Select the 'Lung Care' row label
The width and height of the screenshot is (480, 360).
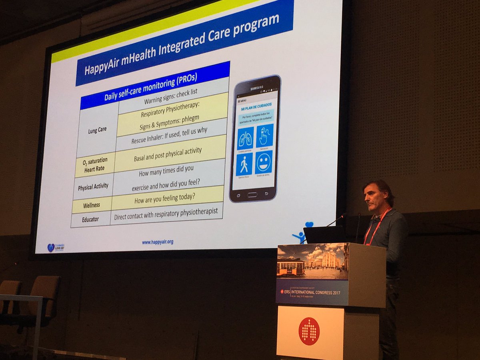point(97,130)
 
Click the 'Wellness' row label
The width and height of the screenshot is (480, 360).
point(92,206)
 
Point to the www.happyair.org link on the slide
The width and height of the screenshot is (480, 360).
point(158,242)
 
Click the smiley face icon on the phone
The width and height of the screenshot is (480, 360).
point(264,162)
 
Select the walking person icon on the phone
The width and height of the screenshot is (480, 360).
point(244,164)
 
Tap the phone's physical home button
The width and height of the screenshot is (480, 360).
point(252,194)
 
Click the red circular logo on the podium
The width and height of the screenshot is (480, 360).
point(309,331)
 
